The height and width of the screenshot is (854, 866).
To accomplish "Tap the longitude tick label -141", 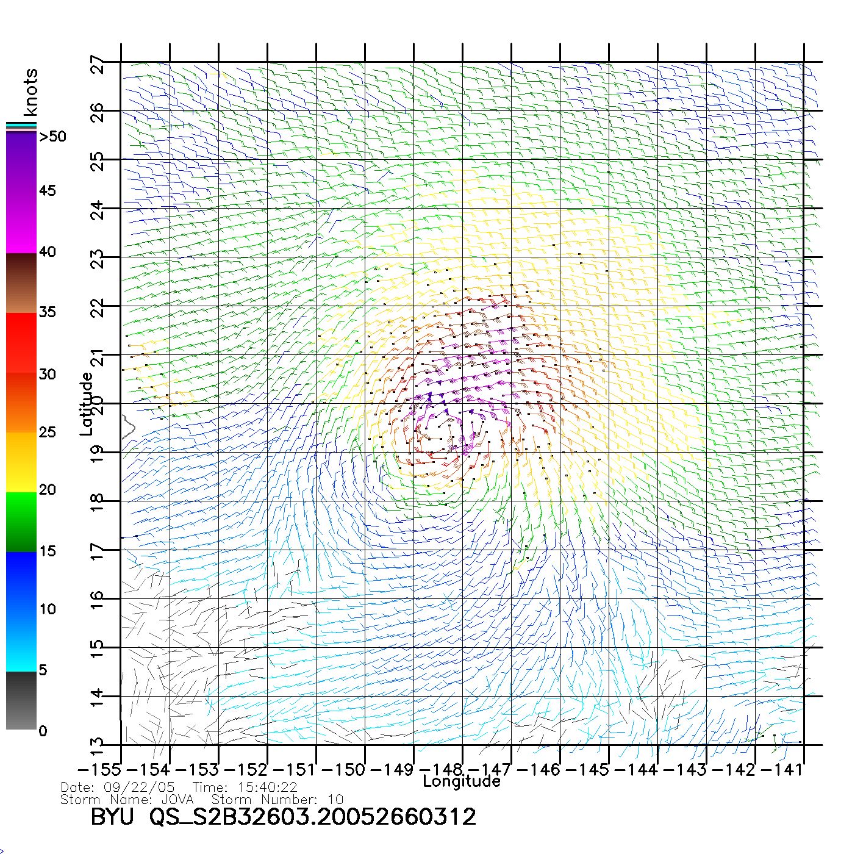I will [783, 770].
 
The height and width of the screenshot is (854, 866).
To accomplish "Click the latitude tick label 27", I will [98, 65].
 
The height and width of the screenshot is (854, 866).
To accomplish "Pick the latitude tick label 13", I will [98, 746].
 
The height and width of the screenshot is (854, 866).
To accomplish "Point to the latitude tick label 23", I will [98, 260].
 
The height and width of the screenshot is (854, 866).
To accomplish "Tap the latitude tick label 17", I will [98, 551].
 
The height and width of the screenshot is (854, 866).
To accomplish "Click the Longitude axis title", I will [462, 781].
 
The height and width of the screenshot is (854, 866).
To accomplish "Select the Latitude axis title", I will [87, 403].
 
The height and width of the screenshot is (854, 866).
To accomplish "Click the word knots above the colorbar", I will [30, 92].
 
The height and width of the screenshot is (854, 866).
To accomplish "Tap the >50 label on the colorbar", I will [53, 137].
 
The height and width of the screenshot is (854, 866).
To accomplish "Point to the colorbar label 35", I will [47, 312].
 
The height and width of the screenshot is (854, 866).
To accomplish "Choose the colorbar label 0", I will [43, 731].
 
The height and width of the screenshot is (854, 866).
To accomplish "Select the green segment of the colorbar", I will [21, 522].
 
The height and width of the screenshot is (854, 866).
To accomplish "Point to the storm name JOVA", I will [177, 800].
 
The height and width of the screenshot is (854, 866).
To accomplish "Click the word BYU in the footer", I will [112, 817].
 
